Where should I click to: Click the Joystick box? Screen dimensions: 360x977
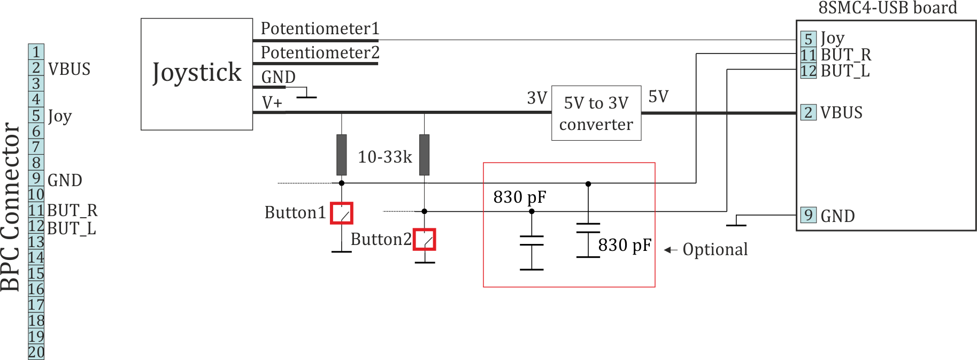coord(197,74)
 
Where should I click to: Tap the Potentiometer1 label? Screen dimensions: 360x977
coord(320,28)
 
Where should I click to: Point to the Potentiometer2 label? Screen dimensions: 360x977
coord(320,52)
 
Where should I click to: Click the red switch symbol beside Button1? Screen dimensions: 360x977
coord(341,213)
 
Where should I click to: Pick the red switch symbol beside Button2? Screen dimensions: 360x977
coord(425,239)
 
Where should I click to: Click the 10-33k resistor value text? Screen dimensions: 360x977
coord(384,157)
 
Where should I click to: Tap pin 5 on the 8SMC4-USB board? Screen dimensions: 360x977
coord(808,39)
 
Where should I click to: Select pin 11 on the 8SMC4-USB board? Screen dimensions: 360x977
coord(808,55)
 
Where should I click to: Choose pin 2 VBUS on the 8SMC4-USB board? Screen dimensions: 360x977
coord(808,112)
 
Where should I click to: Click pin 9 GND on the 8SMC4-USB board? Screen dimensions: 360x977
coord(808,215)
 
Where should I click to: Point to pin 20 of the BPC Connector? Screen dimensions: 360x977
coord(36,352)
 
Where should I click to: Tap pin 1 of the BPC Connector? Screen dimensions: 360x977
coord(36,52)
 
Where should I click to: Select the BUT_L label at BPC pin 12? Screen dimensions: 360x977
coord(72,228)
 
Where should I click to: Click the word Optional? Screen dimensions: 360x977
coord(715,249)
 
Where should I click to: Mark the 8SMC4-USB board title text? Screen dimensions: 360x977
coord(887,8)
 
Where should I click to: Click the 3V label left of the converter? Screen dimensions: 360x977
coord(537,98)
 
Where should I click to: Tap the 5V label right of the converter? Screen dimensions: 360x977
coord(658,97)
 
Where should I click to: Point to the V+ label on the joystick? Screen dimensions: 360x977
coord(272,102)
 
